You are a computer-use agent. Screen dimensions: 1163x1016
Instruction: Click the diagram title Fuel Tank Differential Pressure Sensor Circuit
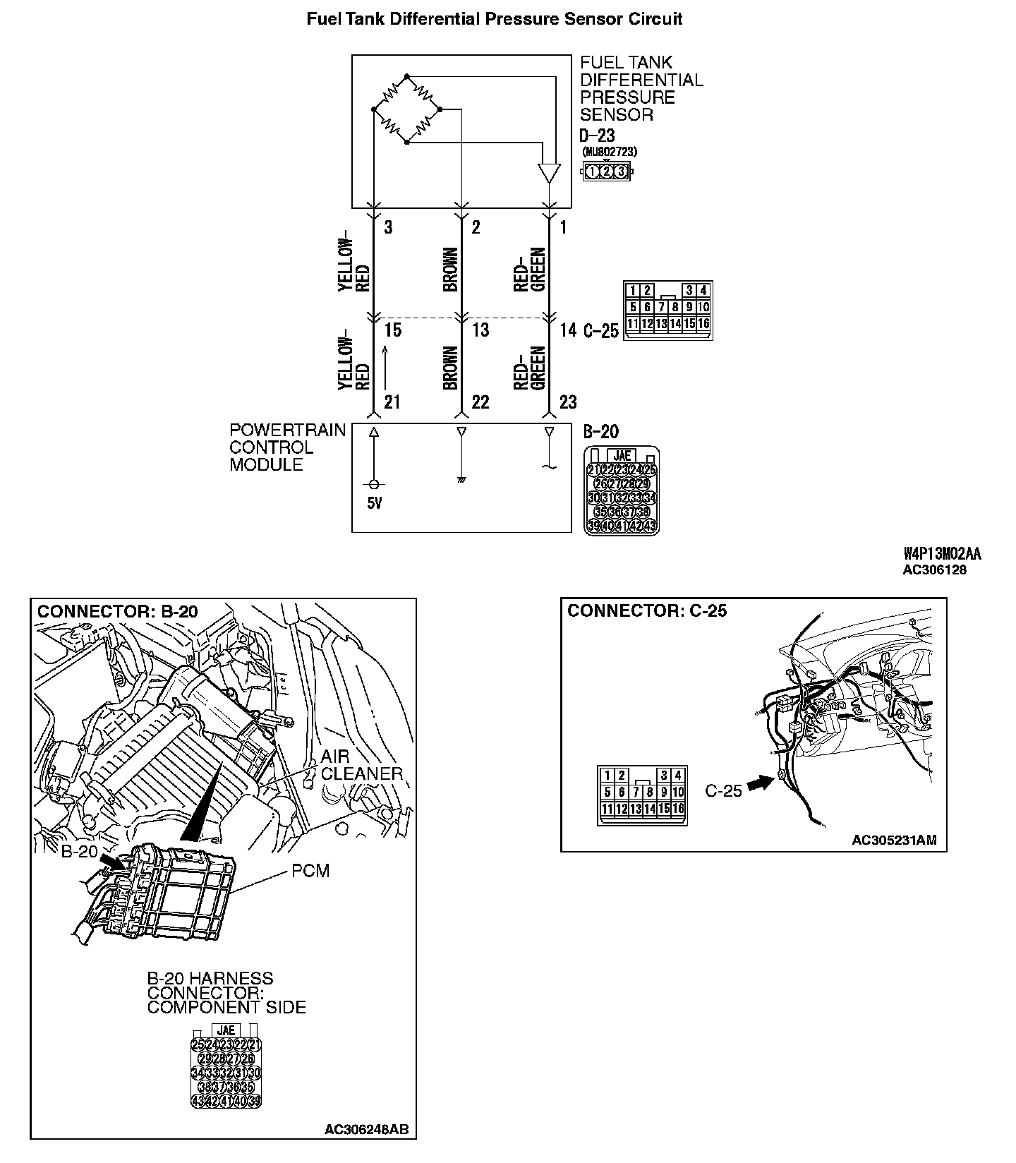click(x=494, y=19)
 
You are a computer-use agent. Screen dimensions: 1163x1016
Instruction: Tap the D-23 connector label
click(x=597, y=135)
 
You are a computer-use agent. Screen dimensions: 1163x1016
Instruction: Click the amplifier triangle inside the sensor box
click(x=548, y=173)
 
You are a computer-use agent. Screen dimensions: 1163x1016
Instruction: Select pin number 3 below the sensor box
click(x=388, y=227)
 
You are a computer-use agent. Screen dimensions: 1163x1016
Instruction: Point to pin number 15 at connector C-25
click(x=392, y=330)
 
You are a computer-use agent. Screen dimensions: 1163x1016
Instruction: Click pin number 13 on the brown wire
click(x=480, y=330)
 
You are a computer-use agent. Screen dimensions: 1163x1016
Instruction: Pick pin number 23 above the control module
click(x=567, y=402)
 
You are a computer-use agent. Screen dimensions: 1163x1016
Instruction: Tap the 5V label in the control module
click(x=374, y=505)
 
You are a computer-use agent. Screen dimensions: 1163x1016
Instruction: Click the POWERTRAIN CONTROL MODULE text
click(x=287, y=447)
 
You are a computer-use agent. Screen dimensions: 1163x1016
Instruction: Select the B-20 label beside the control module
click(x=601, y=432)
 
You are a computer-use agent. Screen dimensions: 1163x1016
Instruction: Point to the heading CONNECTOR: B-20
click(x=117, y=611)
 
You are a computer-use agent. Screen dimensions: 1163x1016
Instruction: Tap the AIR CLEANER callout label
click(x=361, y=765)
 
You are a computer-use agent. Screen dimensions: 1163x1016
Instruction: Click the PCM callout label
click(x=310, y=871)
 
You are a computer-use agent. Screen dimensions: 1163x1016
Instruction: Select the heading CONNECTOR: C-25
click(x=647, y=611)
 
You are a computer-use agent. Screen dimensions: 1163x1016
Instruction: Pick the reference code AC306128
click(x=934, y=570)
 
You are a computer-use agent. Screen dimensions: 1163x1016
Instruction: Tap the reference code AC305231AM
click(x=894, y=840)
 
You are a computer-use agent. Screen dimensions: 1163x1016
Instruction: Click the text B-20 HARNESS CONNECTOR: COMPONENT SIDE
click(x=226, y=993)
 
